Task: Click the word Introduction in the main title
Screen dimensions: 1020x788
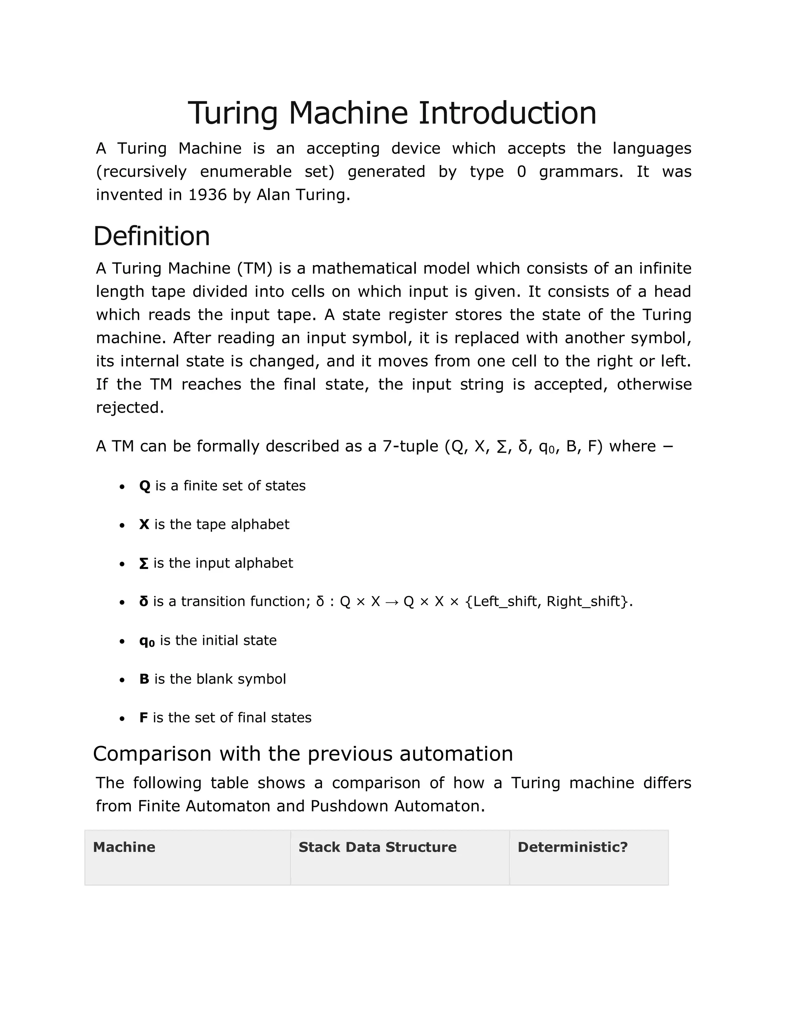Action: (507, 113)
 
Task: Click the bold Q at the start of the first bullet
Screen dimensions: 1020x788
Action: (145, 486)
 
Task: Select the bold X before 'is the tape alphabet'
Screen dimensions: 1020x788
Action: (144, 525)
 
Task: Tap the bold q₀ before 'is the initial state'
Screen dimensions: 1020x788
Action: (147, 641)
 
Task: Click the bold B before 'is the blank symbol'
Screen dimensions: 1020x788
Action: (144, 679)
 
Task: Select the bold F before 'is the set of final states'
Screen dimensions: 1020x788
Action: (143, 718)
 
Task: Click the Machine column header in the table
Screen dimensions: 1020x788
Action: (124, 847)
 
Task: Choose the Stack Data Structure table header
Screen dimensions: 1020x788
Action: (377, 847)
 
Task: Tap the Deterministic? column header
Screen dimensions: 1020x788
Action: (572, 847)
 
